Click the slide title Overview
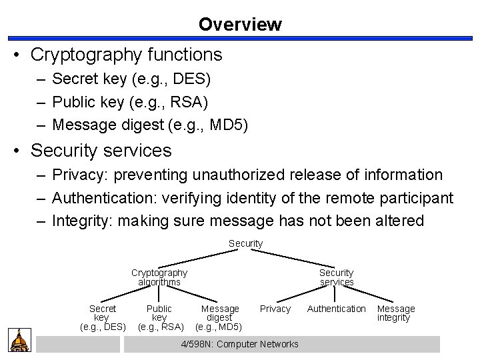[240, 25]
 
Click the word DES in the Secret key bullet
[192, 79]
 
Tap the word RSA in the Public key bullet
[190, 102]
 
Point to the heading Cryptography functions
[126, 53]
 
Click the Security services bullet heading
[101, 151]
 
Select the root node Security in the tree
[245, 244]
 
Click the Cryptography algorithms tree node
[159, 277]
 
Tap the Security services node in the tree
[336, 277]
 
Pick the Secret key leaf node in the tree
[102, 317]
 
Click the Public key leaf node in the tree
[159, 317]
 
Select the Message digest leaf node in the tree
[219, 317]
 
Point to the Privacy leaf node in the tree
[275, 309]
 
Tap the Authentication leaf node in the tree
[336, 309]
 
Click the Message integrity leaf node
[396, 313]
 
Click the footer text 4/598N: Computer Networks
[240, 344]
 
